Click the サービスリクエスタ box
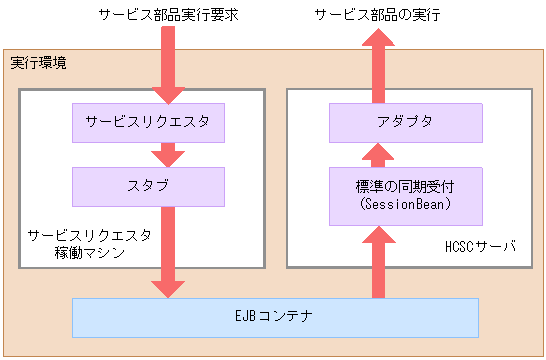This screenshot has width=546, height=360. coord(148,123)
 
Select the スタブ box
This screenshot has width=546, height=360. coord(148,186)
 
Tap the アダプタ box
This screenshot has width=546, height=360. coord(407,123)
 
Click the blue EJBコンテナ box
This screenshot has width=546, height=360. coord(275,317)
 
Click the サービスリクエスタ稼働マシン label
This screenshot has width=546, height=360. coord(90,243)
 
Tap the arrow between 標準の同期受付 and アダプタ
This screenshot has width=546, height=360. coord(379,154)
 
